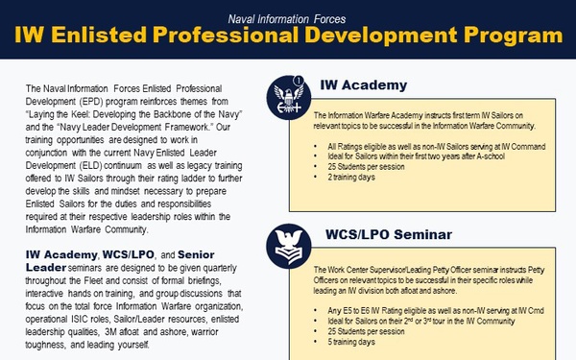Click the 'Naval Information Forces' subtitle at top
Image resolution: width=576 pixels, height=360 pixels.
pos(287,16)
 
